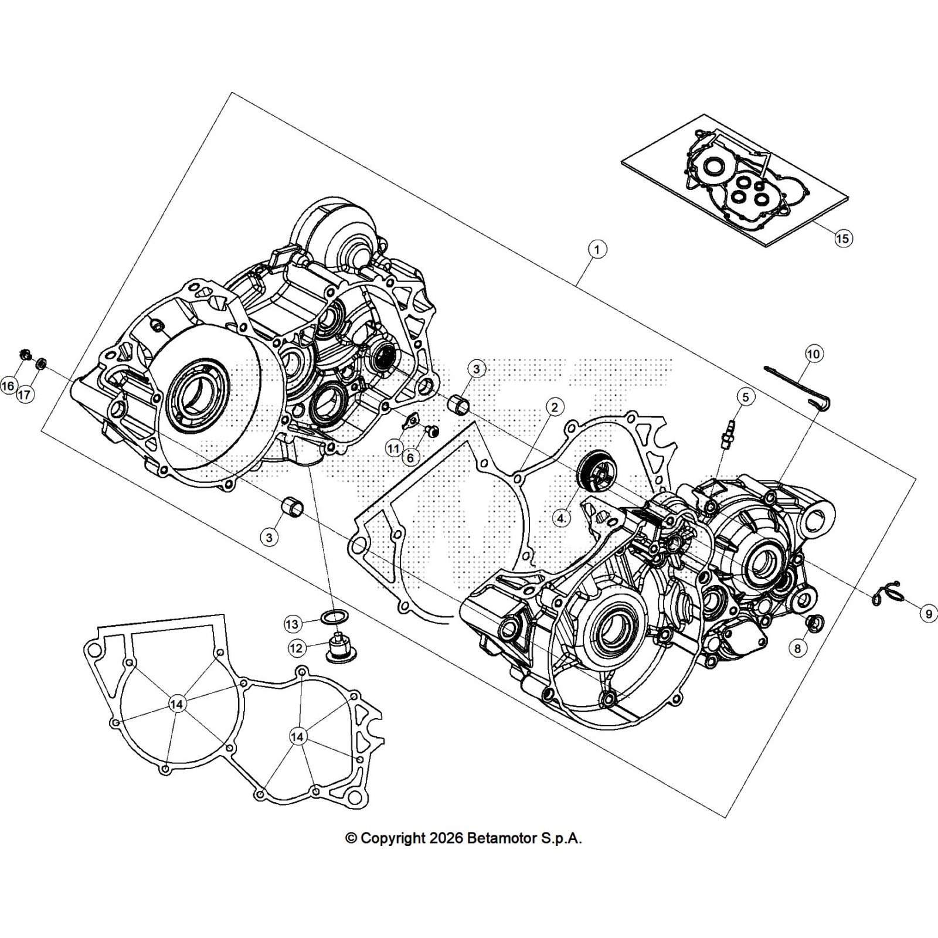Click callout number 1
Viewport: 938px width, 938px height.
point(597,250)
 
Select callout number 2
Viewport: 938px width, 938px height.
point(555,407)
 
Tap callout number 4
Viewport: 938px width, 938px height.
point(562,518)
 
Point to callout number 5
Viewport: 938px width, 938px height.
point(745,397)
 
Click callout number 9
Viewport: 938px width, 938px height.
point(929,614)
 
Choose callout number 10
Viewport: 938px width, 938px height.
point(813,354)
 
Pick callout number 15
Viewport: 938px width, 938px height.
point(842,239)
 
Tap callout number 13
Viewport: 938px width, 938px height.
point(293,624)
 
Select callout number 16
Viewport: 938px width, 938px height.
point(8,386)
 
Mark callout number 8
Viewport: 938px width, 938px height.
point(797,648)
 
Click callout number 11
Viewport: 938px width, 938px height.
point(393,448)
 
